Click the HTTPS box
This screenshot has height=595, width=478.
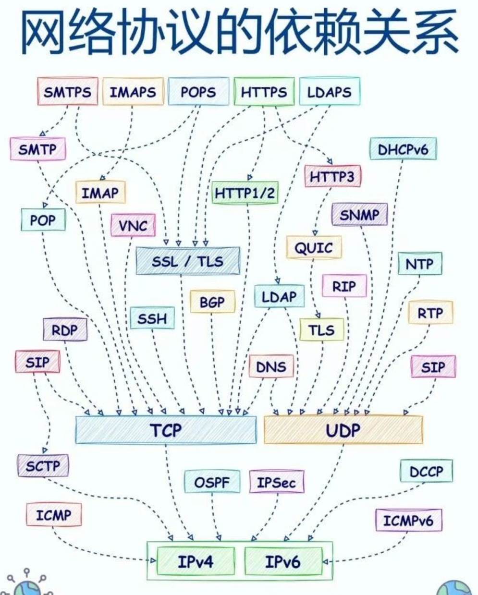[263, 92]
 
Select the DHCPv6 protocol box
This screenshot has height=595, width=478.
[402, 150]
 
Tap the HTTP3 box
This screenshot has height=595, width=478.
[332, 177]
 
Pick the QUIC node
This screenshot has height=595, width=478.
[314, 248]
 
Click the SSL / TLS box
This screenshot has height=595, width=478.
[187, 261]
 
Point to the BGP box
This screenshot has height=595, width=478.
[212, 302]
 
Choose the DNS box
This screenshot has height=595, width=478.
[270, 367]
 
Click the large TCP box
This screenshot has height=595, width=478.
[166, 430]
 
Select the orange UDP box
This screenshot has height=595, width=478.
[343, 430]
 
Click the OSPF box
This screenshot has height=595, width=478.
[212, 482]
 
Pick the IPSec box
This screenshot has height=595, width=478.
[276, 482]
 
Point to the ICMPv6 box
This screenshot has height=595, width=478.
[408, 521]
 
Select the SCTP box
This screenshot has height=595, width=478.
[43, 466]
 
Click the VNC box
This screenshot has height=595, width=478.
[133, 226]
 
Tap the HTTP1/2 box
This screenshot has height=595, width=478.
[245, 193]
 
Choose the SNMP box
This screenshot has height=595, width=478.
[359, 215]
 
